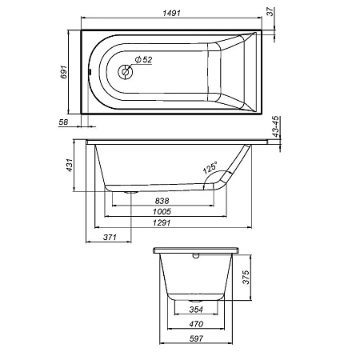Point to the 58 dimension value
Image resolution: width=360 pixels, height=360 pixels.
click(x=65, y=122)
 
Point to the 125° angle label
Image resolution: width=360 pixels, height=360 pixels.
click(x=210, y=169)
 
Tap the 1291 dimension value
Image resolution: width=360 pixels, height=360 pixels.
click(x=163, y=225)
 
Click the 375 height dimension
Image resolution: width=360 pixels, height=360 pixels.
click(x=246, y=278)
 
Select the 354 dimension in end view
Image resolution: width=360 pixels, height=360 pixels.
click(x=196, y=310)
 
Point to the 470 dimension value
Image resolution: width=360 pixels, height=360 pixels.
click(x=196, y=325)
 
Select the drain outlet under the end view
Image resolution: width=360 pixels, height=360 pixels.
click(x=196, y=298)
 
